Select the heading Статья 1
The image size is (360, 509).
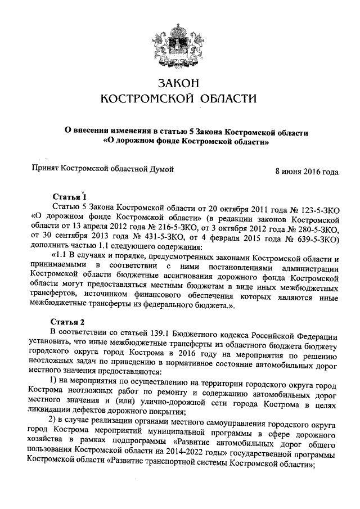coord(69,197)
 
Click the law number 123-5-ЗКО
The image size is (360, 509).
coord(312,209)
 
